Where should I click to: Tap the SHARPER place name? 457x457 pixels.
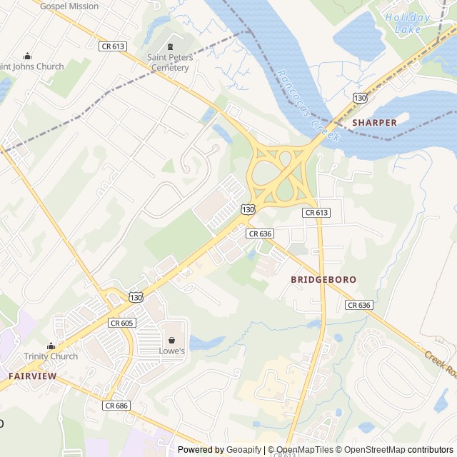point(374,123)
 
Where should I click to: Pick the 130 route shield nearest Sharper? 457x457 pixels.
point(360,96)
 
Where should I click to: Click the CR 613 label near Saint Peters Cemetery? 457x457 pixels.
point(113,46)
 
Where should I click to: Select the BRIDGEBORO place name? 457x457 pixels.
point(323,279)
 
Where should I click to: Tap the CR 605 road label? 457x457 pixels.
point(121,323)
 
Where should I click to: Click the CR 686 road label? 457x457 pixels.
point(116,406)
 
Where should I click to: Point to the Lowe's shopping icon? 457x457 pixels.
point(171,340)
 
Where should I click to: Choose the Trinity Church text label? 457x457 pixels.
point(51,356)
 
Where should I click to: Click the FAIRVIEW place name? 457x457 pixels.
point(33,375)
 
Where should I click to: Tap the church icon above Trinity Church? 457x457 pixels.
point(51,345)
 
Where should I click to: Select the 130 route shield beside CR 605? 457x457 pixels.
point(136,296)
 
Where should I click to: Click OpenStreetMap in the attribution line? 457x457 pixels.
point(371,450)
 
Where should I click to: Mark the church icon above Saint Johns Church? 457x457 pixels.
point(27,56)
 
